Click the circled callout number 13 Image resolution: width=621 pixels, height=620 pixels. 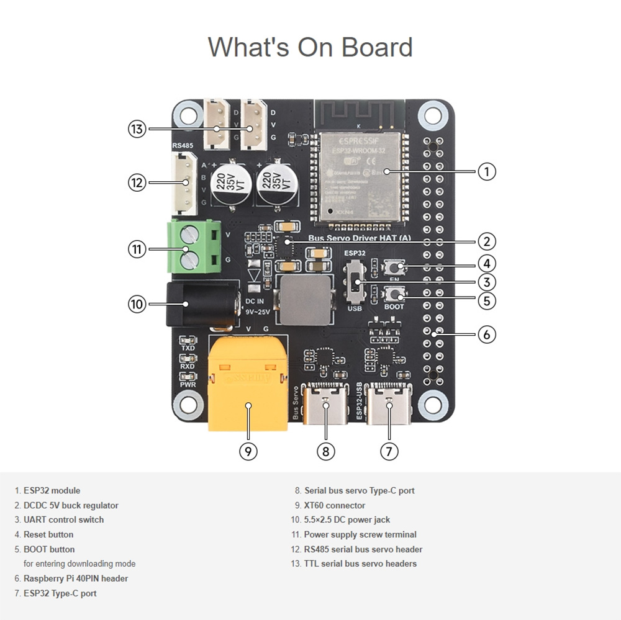click(x=137, y=129)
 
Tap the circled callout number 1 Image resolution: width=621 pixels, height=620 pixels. click(x=487, y=171)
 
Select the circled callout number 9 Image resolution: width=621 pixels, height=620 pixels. click(x=248, y=451)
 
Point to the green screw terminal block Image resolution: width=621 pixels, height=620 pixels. click(x=194, y=247)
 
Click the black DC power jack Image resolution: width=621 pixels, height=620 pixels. click(x=202, y=303)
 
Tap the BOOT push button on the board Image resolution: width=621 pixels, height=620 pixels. click(x=394, y=294)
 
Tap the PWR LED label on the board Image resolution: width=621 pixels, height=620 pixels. click(x=188, y=385)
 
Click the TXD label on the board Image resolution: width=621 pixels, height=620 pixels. click(x=188, y=348)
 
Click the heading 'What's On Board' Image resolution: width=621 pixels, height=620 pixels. click(x=310, y=47)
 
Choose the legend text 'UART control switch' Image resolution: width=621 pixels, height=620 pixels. click(x=63, y=519)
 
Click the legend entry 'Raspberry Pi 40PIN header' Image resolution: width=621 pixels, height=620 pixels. click(x=76, y=578)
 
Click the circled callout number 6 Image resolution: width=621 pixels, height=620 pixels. click(x=487, y=335)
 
